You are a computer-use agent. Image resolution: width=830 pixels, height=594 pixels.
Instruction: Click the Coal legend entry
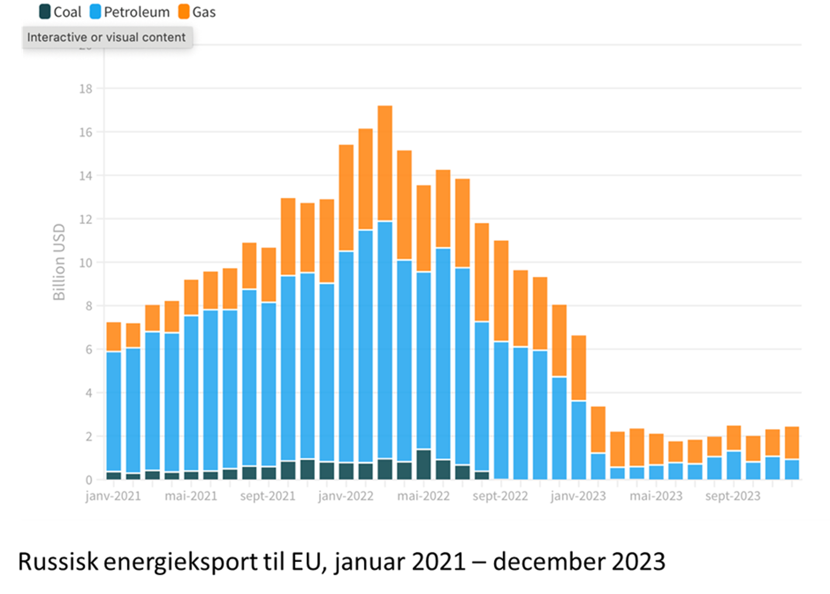tap(60, 12)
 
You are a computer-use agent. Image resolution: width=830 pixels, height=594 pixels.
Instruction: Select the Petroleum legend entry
tap(130, 12)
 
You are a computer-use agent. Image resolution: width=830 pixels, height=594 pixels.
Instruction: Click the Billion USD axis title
tap(59, 262)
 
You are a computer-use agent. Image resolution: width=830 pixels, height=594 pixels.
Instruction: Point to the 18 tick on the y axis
tap(86, 89)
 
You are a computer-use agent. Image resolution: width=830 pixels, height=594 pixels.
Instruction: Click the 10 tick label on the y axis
tap(86, 263)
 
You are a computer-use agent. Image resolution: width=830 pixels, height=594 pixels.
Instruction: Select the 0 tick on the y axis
tap(89, 479)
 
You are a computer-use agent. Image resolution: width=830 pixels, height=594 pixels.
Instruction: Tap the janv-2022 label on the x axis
tap(345, 496)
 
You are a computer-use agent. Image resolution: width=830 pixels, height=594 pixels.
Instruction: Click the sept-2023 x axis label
tap(732, 496)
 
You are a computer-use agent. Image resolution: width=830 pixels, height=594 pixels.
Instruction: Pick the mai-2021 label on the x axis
tap(191, 496)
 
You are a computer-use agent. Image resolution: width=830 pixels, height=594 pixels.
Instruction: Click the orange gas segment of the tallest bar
tap(385, 164)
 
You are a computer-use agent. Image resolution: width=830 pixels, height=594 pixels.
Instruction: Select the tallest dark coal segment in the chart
tap(424, 464)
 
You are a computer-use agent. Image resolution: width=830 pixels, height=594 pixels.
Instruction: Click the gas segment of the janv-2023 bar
tap(559, 341)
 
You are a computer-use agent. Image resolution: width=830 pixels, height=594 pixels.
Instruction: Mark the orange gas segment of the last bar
tap(792, 443)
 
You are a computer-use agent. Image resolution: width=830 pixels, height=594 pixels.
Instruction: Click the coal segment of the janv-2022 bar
tap(346, 471)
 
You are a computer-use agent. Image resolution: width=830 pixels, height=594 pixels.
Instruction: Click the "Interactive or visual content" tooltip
tap(106, 37)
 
